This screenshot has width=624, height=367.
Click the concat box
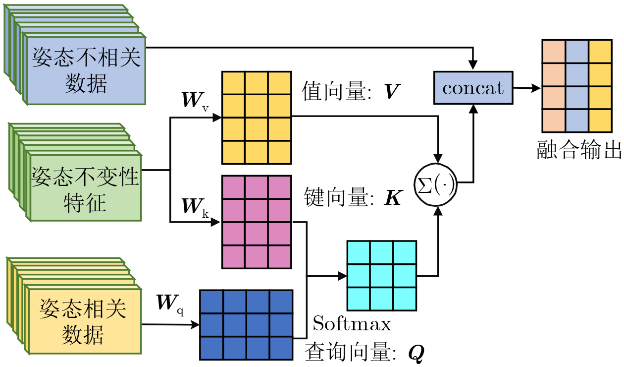click(473, 88)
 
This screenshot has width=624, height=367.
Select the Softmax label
click(352, 324)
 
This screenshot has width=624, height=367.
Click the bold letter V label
click(392, 91)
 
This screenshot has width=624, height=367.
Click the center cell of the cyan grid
click(381, 276)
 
